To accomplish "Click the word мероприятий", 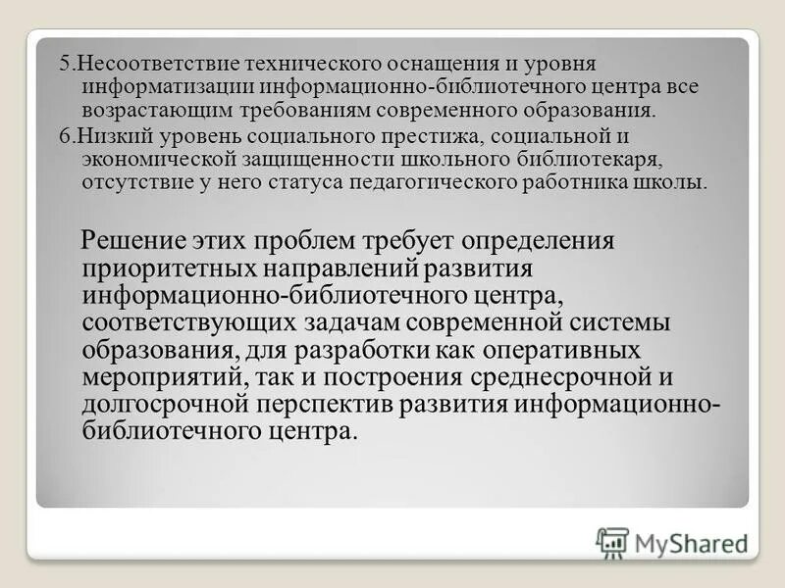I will tap(162, 377).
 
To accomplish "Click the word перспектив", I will tap(348, 405).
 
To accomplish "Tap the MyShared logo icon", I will tap(612, 542).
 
